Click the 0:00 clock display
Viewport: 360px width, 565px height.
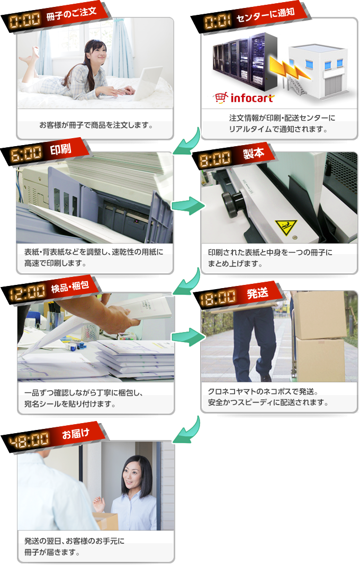pyautogui.click(x=25, y=21)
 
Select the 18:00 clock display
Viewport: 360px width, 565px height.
pyautogui.click(x=218, y=298)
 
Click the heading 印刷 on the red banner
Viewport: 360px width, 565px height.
pyautogui.click(x=60, y=149)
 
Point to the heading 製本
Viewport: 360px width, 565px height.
pyautogui.click(x=254, y=154)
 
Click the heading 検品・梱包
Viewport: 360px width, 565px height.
pyautogui.click(x=70, y=287)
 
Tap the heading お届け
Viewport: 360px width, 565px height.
pyautogui.click(x=76, y=434)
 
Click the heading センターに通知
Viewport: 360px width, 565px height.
pyautogui.click(x=265, y=15)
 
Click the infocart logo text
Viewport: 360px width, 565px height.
pyautogui.click(x=252, y=98)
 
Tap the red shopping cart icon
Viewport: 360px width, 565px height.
pyautogui.click(x=221, y=97)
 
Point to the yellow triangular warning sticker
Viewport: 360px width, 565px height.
pyautogui.click(x=286, y=228)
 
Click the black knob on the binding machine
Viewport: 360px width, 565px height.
pyautogui.click(x=232, y=203)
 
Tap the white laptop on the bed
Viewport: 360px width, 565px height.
pyautogui.click(x=147, y=84)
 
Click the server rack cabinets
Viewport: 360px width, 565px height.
pyautogui.click(x=245, y=61)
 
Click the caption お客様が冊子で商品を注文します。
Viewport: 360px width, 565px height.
pyautogui.click(x=96, y=125)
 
